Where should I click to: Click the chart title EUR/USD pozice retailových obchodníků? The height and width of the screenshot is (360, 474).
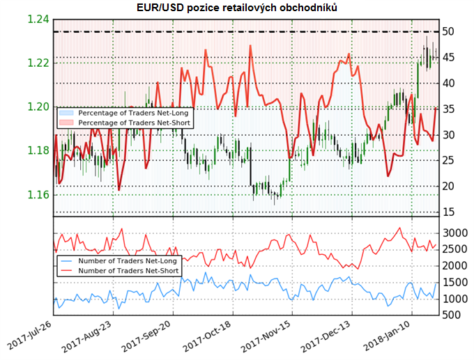236,8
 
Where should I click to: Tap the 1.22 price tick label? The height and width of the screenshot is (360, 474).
39,63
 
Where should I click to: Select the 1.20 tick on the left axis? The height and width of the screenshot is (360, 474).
39,107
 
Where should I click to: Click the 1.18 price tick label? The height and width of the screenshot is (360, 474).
39,150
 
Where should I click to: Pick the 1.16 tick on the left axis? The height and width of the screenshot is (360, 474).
39,194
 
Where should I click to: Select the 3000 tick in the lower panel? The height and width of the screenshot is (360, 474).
455,232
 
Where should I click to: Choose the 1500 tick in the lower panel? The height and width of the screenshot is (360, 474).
455,282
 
